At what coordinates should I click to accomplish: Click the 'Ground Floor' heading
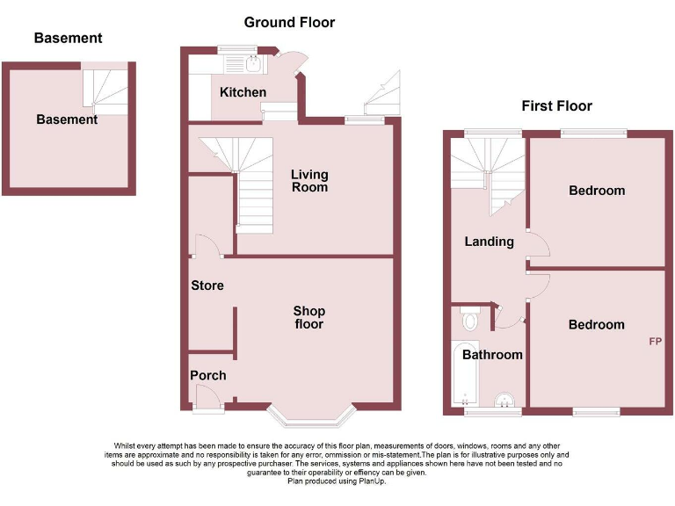coord(289,22)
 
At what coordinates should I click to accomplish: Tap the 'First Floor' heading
coord(556,106)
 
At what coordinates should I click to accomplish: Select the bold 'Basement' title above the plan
coord(68,38)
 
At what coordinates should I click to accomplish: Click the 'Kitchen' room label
coord(243,92)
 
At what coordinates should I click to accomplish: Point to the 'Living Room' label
coord(309,180)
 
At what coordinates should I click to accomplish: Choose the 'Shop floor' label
coord(309,317)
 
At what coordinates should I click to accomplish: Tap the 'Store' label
coord(207,286)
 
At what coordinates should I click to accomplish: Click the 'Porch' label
coord(208,375)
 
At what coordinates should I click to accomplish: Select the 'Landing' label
coord(489,242)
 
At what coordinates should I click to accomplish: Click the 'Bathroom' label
coord(492,355)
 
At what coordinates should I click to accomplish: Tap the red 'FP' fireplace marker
coord(655,341)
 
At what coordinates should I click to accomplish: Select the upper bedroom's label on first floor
coord(597,191)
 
